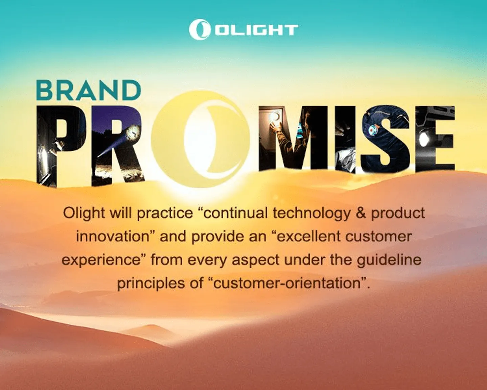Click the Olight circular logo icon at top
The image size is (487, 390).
pyautogui.click(x=199, y=30)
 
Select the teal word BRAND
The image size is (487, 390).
pyautogui.click(x=89, y=91)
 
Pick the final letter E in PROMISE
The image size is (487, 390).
pyautogui.click(x=435, y=138)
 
